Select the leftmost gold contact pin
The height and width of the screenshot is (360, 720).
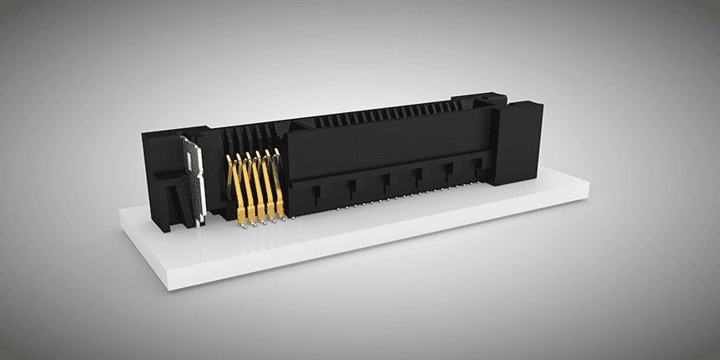[237, 188]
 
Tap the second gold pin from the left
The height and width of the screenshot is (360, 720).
[249, 188]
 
